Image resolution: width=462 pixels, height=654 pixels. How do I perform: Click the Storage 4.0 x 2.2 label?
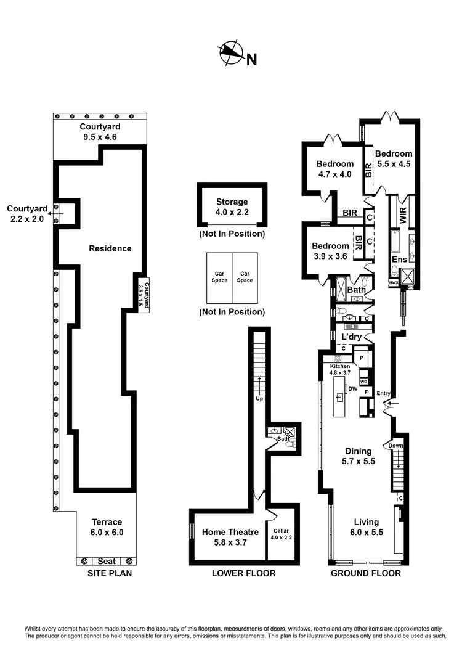click(x=232, y=206)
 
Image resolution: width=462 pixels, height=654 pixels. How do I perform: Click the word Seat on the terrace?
click(x=104, y=561)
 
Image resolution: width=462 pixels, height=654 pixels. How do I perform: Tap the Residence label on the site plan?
click(x=110, y=248)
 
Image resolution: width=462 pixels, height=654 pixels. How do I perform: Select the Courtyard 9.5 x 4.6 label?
click(x=99, y=132)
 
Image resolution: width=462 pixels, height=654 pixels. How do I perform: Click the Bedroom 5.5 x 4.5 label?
click(x=393, y=159)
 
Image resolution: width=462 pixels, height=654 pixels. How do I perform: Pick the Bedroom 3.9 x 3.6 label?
click(x=330, y=251)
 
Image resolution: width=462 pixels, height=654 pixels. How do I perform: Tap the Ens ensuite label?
click(x=399, y=260)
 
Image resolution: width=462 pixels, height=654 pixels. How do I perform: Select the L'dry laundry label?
click(x=351, y=337)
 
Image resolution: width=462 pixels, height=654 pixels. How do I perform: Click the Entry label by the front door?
click(x=384, y=393)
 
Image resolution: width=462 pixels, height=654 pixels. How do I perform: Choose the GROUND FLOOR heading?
click(x=365, y=573)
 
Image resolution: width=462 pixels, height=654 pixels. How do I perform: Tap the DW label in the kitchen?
click(x=353, y=389)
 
